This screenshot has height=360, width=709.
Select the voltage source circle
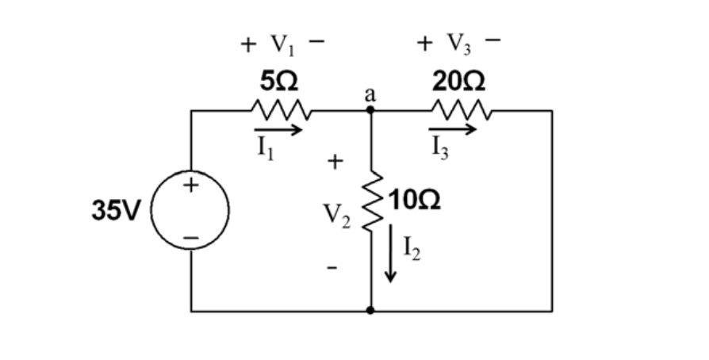coord(190,212)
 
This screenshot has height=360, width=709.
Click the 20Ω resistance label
coord(461,82)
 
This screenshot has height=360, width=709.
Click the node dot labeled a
coord(370,112)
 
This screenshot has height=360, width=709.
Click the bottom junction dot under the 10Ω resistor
coord(370,312)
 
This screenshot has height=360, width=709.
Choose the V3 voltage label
coord(461,44)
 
